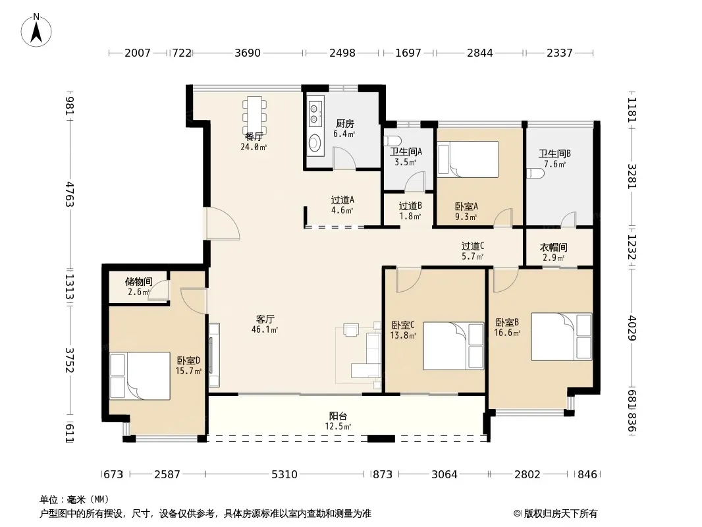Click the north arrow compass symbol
(x=36, y=30)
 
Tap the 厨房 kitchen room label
(x=344, y=124)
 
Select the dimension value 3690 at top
(x=248, y=53)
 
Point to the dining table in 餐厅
(x=254, y=115)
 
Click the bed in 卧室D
(x=140, y=375)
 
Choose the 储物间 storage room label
(x=139, y=282)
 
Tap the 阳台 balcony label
(x=338, y=416)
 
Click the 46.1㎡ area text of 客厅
(x=265, y=330)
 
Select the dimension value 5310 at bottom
(x=284, y=474)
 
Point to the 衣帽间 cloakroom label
(x=553, y=247)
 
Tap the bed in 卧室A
(x=468, y=159)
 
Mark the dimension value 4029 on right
(x=632, y=328)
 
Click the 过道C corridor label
(x=473, y=246)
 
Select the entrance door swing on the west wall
(x=223, y=223)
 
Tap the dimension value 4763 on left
(x=69, y=194)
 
